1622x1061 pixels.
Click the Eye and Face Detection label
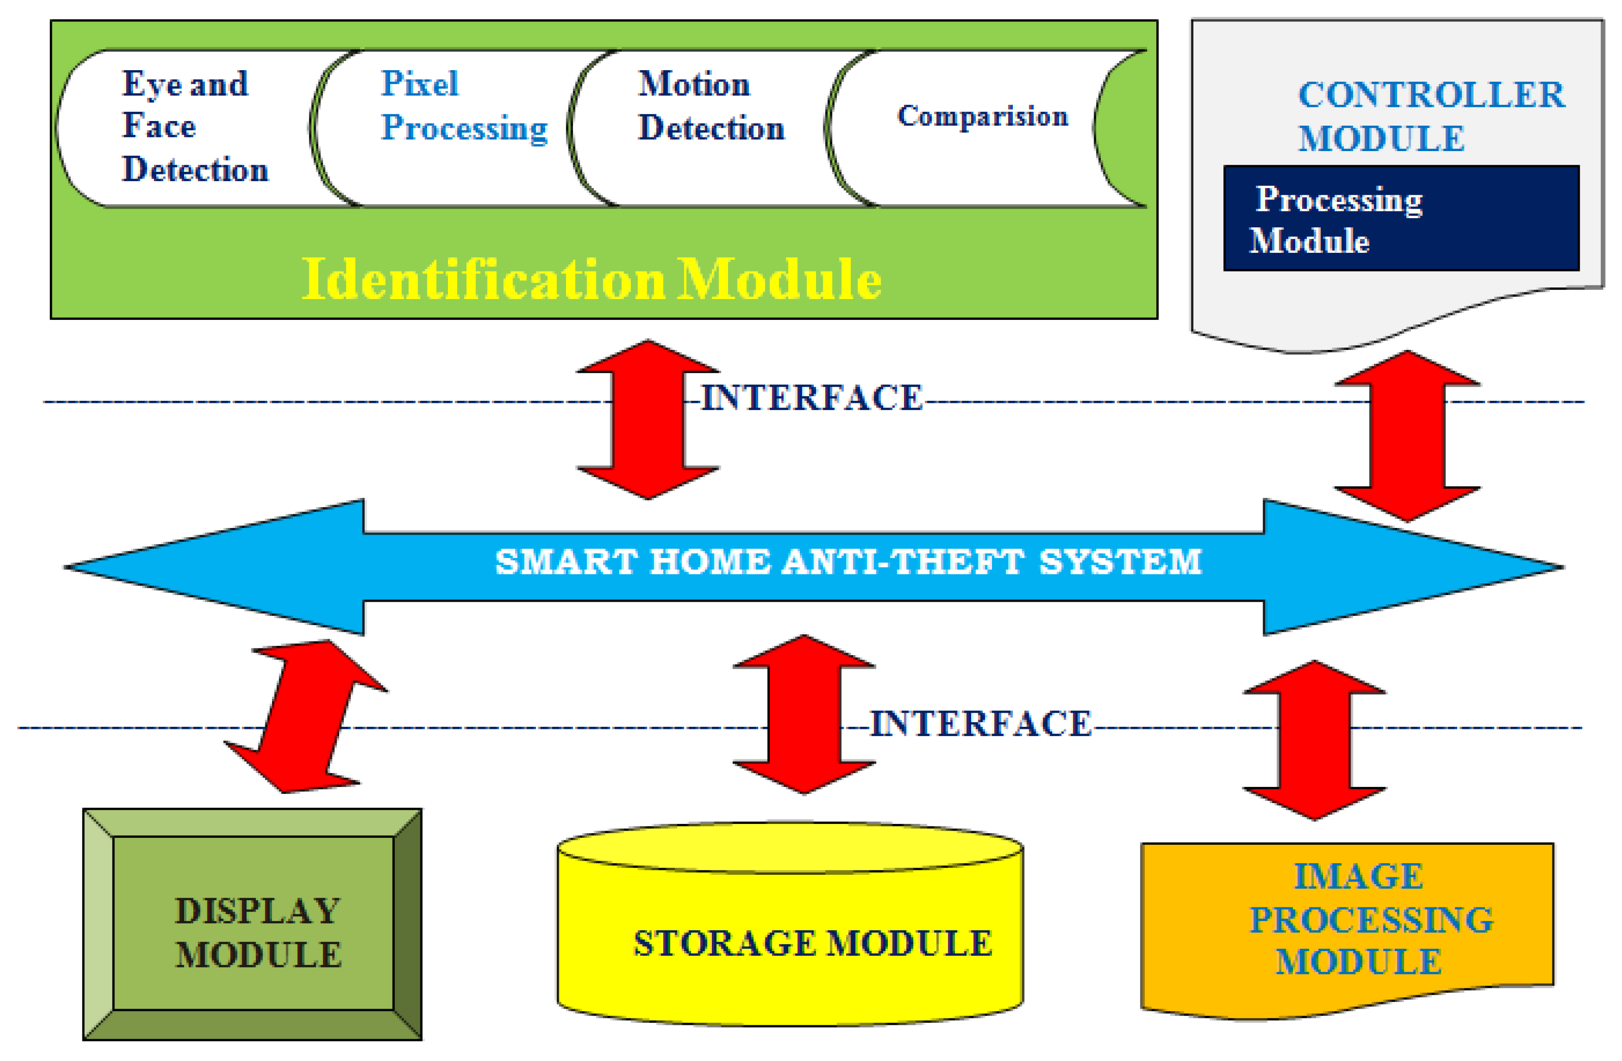pos(194,127)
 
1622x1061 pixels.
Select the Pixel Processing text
pos(463,106)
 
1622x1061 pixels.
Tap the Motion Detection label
pos(711,106)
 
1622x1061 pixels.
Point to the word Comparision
pos(982,116)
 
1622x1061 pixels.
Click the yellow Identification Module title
pos(591,280)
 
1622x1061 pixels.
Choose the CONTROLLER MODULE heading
pos(1430,116)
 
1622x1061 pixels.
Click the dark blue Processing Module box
pos(1400,218)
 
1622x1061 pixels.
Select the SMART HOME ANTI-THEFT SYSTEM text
pos(848,563)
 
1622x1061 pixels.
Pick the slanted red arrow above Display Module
pos(307,716)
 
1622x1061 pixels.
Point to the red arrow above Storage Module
pos(804,714)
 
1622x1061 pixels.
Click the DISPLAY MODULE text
pos(258,933)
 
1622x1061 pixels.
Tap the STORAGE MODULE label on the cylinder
pos(813,944)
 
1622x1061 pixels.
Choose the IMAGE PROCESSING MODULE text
pos(1370,919)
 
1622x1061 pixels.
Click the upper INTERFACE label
pos(811,398)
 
